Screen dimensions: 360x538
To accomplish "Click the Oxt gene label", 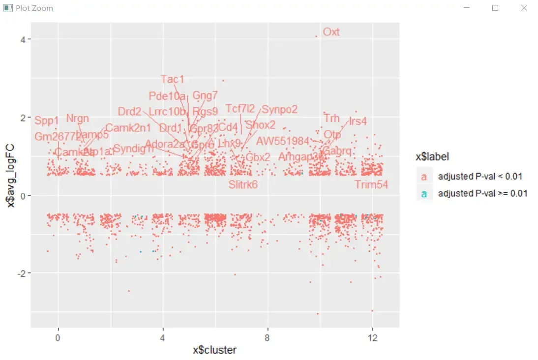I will [331, 32].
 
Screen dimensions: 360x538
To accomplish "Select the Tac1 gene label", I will [172, 79].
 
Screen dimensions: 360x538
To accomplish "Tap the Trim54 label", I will [371, 184].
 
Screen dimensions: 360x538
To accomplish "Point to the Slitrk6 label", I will [243, 184].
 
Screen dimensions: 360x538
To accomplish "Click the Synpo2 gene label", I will [279, 109].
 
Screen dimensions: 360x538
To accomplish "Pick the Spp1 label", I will [47, 120].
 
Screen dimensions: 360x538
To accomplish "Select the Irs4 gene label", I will [358, 121].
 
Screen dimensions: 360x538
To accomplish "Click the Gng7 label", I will [205, 95].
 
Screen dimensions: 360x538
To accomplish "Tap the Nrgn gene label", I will [77, 118].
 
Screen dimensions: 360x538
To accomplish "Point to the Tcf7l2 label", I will [240, 109].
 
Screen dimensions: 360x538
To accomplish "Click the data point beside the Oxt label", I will [316, 36].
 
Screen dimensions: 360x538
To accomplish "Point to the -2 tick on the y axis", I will [21, 273].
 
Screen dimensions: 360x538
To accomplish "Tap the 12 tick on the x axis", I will [372, 338].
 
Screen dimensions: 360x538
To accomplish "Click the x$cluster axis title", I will [215, 350].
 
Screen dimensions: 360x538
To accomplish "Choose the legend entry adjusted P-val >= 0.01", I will [482, 193].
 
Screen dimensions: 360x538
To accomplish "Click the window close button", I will [524, 8].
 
